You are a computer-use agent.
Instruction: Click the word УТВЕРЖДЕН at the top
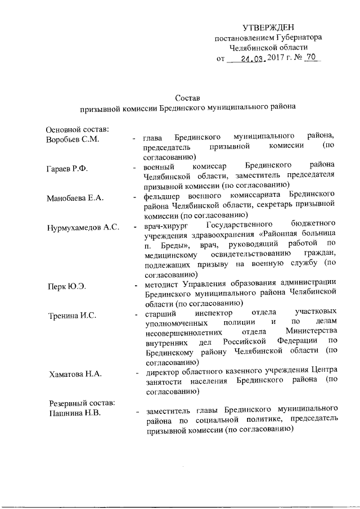(268, 28)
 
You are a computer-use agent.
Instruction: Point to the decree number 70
(311, 57)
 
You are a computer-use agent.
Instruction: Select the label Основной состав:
(77, 129)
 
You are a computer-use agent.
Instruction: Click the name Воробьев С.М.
(73, 139)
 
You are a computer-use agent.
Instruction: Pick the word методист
(160, 282)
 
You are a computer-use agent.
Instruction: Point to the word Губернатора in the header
(300, 38)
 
